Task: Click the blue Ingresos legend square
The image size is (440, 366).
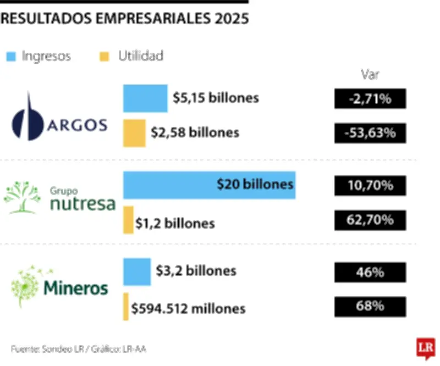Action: pos(10,56)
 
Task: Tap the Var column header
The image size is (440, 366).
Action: pos(370,75)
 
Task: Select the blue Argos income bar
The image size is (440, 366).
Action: pos(145,98)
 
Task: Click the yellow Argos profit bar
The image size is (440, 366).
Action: pos(134,133)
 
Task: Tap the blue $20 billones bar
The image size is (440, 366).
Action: pos(209,185)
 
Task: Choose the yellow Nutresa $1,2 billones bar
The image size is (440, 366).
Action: pos(128,220)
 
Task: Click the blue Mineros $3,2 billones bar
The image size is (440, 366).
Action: pos(137,271)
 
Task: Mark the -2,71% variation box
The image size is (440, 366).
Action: pos(370,99)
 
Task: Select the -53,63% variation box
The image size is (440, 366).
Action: pos(370,133)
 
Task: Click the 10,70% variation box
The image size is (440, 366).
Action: pos(370,186)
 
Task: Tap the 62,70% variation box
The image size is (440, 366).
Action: pos(370,220)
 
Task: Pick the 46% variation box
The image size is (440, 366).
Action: pos(370,272)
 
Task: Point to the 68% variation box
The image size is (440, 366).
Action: pos(370,307)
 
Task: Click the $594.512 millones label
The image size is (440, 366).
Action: pos(188,308)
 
